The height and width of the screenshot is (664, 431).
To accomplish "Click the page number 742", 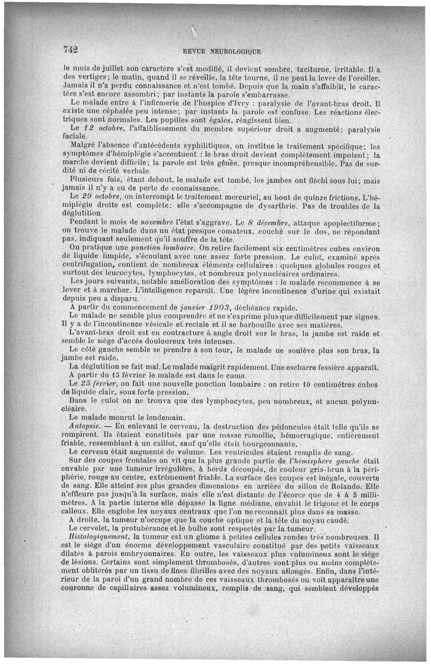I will (x=71, y=49).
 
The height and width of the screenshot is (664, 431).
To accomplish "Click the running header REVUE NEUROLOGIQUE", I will (x=222, y=52).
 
